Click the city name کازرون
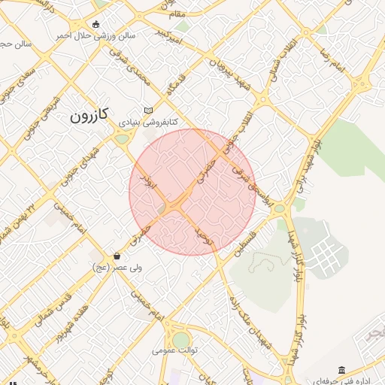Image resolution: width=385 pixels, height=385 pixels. coord(89,115)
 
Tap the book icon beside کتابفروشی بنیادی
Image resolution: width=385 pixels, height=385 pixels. coord(148,110)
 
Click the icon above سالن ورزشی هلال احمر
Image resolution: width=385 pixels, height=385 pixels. coord(95,24)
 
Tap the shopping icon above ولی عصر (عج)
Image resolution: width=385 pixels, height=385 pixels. coord(116,256)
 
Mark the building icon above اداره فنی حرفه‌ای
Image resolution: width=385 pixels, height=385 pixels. coord(342,370)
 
